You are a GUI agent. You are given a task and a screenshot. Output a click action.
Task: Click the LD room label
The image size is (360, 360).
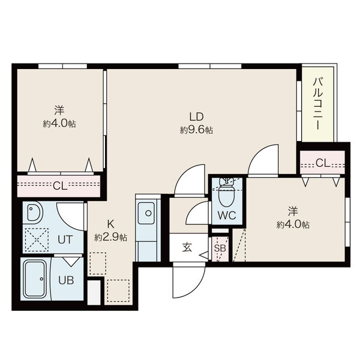(197, 116)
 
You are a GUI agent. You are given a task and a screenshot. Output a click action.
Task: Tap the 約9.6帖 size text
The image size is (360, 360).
(197, 130)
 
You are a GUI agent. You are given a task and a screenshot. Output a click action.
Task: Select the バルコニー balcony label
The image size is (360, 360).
(318, 104)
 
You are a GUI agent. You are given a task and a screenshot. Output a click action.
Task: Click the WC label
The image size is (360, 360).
(227, 215)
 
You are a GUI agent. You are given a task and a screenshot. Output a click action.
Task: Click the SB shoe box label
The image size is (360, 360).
(220, 248)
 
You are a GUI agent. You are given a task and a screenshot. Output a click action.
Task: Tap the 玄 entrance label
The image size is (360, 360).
(187, 248)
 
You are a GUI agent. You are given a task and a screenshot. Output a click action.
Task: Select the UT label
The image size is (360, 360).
(65, 239)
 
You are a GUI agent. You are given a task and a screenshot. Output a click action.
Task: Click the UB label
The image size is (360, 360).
(66, 280)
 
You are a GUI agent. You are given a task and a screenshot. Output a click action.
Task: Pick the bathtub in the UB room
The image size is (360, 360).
(35, 278)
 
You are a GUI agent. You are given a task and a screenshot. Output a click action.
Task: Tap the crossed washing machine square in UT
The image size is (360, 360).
(37, 239)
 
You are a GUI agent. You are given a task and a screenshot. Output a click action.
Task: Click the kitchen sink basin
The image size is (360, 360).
(146, 213)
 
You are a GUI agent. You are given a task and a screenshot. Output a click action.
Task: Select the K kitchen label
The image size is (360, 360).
(110, 224)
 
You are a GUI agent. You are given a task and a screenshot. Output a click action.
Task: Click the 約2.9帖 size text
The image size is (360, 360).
(110, 238)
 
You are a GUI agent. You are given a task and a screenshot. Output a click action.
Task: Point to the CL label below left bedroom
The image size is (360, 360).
(60, 185)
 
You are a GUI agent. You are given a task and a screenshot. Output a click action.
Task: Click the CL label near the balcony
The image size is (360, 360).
(323, 163)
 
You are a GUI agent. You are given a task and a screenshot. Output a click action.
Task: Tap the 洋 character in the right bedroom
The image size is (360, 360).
(293, 211)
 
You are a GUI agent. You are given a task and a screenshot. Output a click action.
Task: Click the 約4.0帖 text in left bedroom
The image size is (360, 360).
(59, 124)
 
